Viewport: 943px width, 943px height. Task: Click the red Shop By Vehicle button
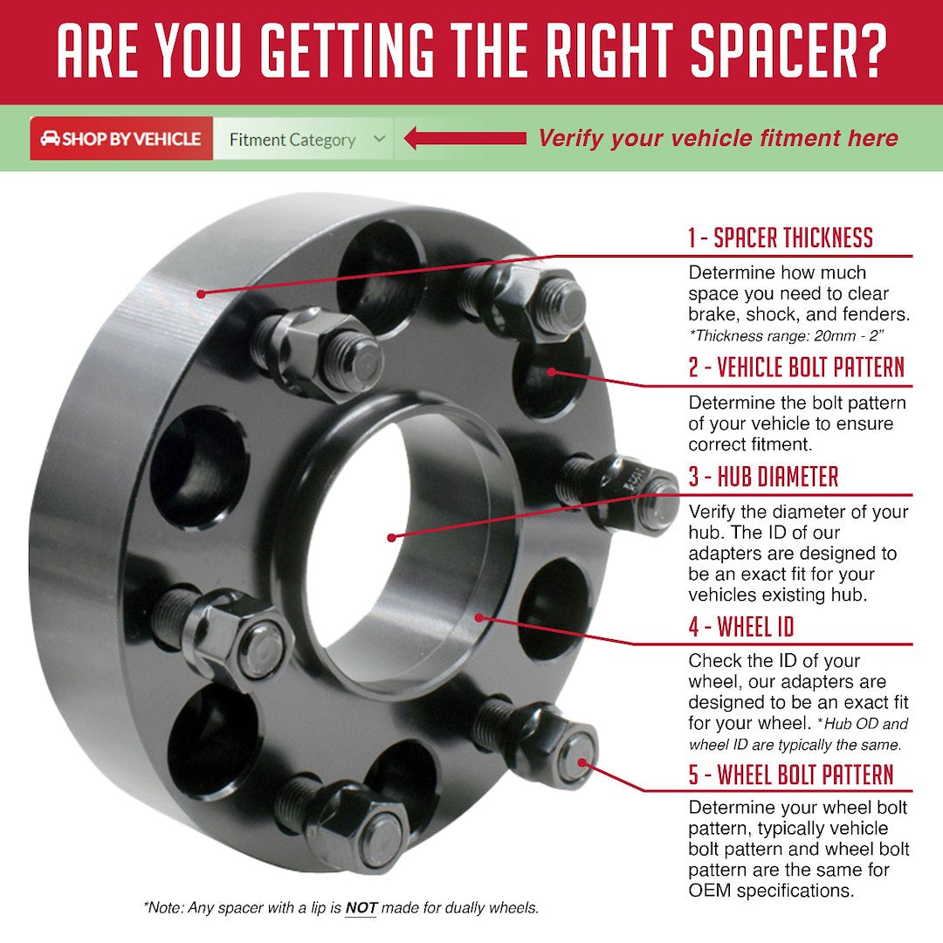point(121,139)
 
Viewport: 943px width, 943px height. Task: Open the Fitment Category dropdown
point(302,140)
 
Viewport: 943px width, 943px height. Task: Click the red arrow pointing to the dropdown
point(465,139)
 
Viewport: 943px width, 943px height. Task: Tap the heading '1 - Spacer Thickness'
point(780,237)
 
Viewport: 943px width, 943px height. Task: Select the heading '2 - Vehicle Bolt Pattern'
point(795,368)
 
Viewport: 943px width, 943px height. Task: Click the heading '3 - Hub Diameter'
point(762,477)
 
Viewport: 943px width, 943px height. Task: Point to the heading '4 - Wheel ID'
point(740,626)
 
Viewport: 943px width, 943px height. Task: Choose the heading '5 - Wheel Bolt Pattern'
point(790,774)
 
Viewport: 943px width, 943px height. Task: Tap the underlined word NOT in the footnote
point(361,908)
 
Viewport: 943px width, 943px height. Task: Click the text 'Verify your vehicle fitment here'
point(718,138)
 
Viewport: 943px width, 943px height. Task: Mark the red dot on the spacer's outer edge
point(201,294)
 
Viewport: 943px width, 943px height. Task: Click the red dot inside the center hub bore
point(391,537)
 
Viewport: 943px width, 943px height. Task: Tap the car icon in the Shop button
point(50,139)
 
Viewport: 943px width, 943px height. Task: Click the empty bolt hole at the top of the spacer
point(380,265)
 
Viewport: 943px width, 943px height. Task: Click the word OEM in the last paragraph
point(708,891)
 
